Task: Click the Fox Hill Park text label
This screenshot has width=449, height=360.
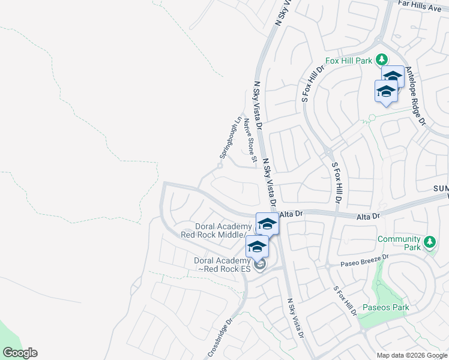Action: click(x=349, y=61)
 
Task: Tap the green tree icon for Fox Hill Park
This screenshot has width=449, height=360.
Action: click(x=381, y=59)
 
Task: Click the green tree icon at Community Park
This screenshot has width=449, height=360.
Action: click(x=429, y=242)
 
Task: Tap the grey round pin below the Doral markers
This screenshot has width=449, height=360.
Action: click(x=259, y=264)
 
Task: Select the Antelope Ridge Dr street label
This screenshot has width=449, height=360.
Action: click(x=415, y=96)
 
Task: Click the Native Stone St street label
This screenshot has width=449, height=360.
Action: click(x=250, y=141)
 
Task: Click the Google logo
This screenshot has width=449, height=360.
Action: click(x=20, y=353)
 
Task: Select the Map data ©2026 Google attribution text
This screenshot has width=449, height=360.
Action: click(x=412, y=355)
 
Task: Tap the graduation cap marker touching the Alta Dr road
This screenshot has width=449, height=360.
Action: click(x=267, y=224)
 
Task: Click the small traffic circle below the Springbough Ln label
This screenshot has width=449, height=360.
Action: click(x=220, y=166)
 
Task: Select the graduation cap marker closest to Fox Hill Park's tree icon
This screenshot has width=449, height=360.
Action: click(x=393, y=77)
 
